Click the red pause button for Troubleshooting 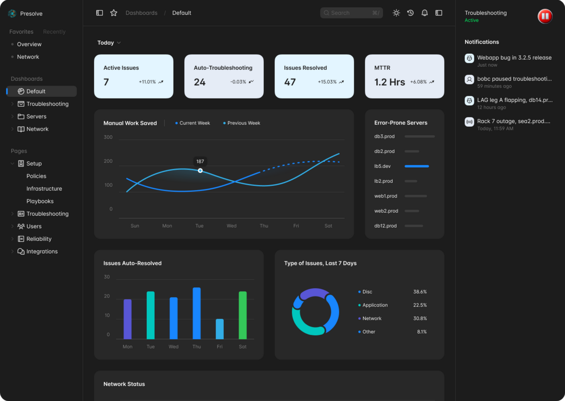click(x=545, y=16)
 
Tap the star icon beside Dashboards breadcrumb click(x=113, y=13)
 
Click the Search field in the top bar click(x=351, y=13)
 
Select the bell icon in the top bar click(x=424, y=13)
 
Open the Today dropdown click(x=109, y=43)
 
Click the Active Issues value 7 click(x=106, y=82)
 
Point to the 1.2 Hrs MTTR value click(x=389, y=82)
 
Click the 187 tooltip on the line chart click(x=200, y=161)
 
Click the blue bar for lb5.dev click(x=416, y=166)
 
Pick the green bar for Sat click(x=243, y=315)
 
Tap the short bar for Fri click(x=220, y=329)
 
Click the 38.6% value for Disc click(x=419, y=292)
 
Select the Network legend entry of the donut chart click(x=372, y=318)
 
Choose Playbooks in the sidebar click(x=40, y=201)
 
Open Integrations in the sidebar click(x=42, y=252)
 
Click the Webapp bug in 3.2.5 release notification click(x=514, y=58)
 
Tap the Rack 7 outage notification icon click(x=469, y=122)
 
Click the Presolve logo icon click(x=12, y=14)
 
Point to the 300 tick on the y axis click(x=108, y=137)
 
